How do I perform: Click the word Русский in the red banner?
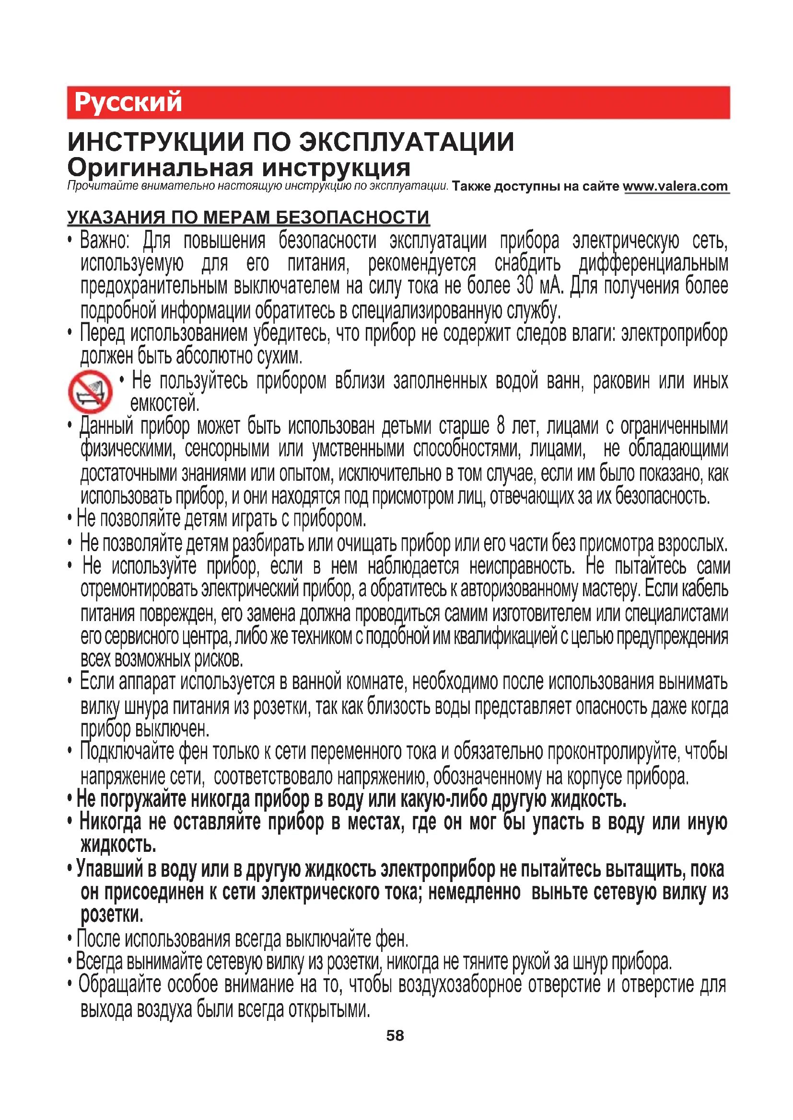pyautogui.click(x=128, y=102)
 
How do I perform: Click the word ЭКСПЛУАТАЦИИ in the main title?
pyautogui.click(x=406, y=142)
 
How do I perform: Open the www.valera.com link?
pyautogui.click(x=676, y=186)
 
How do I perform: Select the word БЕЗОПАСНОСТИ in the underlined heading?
pyautogui.click(x=352, y=217)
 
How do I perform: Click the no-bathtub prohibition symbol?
pyautogui.click(x=90, y=391)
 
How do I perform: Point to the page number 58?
pyautogui.click(x=395, y=1036)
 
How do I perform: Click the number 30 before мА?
pyautogui.click(x=525, y=286)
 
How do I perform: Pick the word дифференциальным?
pyautogui.click(x=653, y=263)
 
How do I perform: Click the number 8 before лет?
pyautogui.click(x=501, y=426)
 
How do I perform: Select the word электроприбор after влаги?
pyautogui.click(x=675, y=334)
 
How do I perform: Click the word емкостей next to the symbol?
pyautogui.click(x=165, y=403)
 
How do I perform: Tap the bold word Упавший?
pyautogui.click(x=110, y=869)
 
